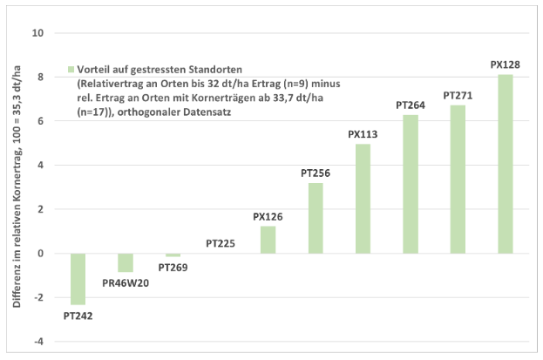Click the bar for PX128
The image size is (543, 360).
tap(505, 164)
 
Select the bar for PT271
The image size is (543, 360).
tap(458, 179)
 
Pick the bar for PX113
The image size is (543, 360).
tap(363, 199)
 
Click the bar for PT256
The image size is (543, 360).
tap(316, 218)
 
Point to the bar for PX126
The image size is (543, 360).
tap(268, 240)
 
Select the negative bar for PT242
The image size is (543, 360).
tap(78, 279)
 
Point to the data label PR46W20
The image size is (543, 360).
tap(126, 283)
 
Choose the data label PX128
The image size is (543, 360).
tap(505, 65)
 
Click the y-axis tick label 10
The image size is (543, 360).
tap(37, 33)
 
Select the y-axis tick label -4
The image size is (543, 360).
tap(38, 342)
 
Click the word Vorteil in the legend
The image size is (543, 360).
tap(94, 69)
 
